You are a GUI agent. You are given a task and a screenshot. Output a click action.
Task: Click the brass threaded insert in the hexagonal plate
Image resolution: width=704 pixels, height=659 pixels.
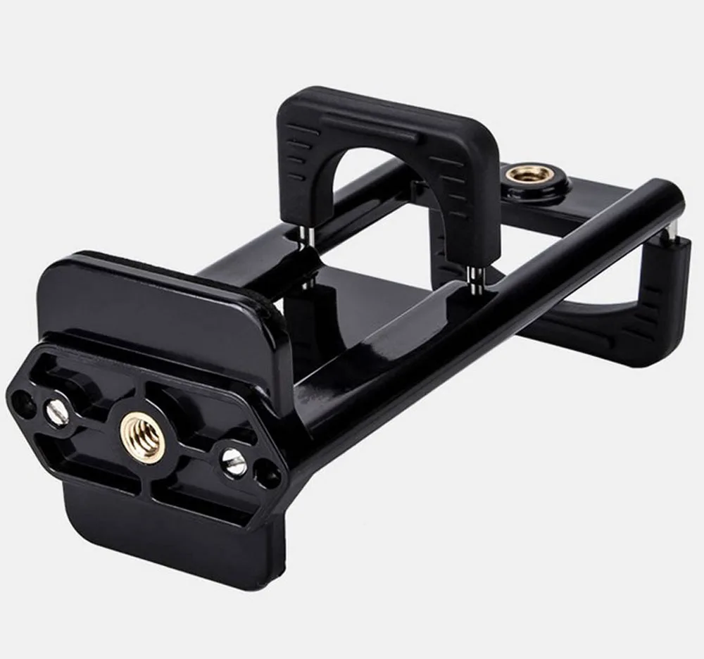click(143, 436)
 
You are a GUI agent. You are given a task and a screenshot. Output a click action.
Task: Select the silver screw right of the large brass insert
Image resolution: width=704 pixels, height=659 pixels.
click(234, 462)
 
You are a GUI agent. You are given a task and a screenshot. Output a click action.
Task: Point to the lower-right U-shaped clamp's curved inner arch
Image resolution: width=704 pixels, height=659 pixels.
click(598, 310)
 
